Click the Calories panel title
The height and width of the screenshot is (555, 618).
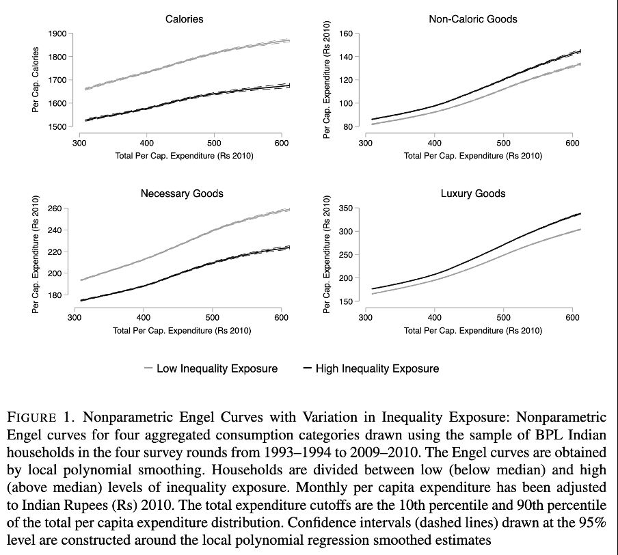click(184, 19)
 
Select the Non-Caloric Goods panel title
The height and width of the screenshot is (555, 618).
click(472, 19)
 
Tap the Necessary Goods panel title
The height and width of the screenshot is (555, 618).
click(182, 193)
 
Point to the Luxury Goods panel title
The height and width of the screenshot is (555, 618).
click(473, 193)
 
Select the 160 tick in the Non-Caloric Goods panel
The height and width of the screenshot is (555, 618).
click(345, 34)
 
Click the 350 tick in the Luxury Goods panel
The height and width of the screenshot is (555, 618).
click(345, 208)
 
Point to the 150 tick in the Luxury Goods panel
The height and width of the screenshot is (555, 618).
click(345, 301)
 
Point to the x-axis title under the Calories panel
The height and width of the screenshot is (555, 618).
click(185, 156)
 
